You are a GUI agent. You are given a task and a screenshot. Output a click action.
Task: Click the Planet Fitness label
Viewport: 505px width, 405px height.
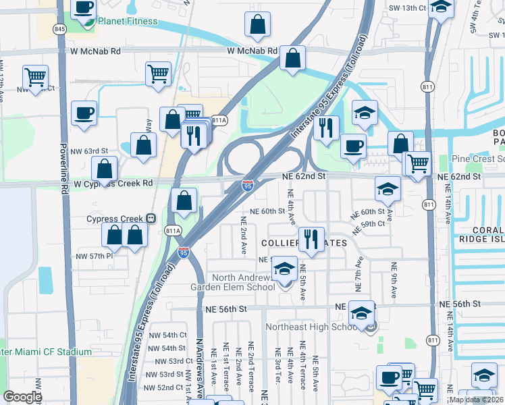128,21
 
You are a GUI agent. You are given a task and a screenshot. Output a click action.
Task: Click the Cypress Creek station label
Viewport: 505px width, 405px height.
115,219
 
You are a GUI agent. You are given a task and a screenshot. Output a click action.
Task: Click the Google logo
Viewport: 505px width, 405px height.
22,397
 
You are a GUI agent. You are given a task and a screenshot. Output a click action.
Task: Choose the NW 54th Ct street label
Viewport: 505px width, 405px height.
167,335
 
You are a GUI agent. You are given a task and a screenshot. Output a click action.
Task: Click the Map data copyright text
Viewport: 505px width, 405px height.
475,400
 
